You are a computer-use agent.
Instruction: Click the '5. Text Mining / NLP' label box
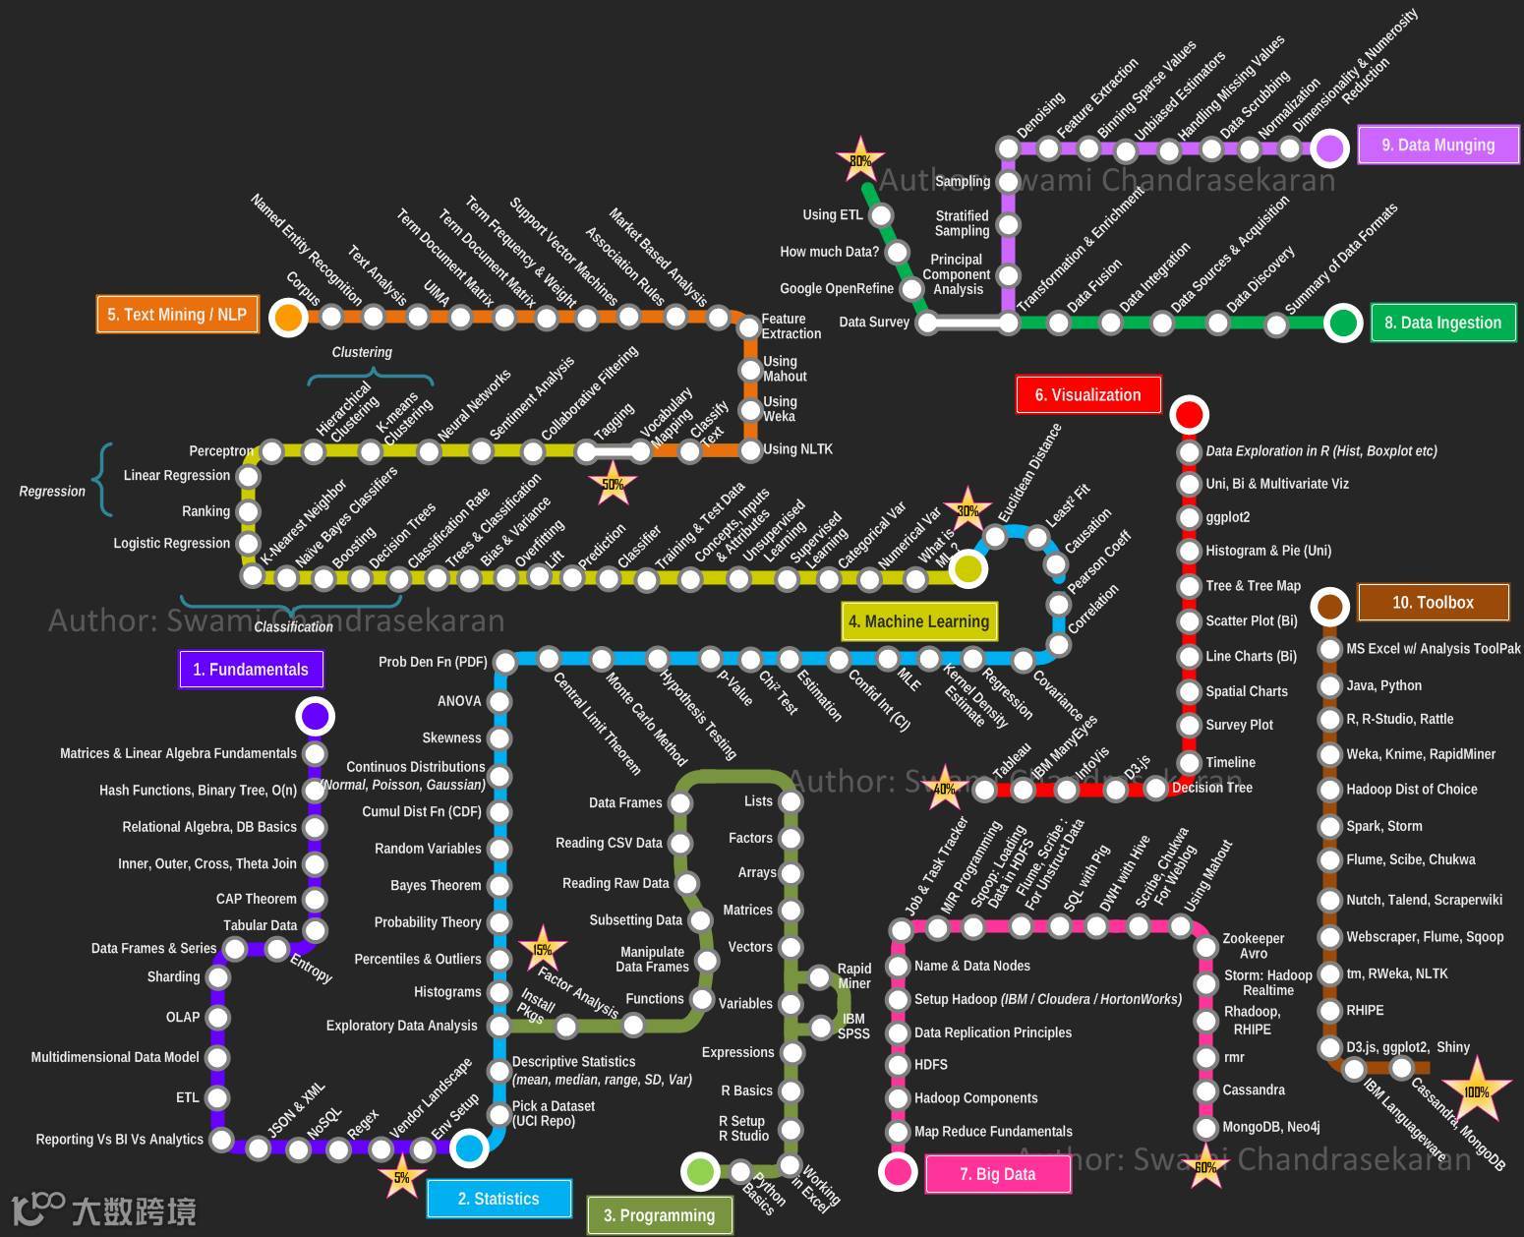pyautogui.click(x=177, y=315)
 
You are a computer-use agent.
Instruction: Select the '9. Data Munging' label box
pyautogui.click(x=1437, y=146)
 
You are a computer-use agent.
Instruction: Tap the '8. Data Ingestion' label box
pyautogui.click(x=1442, y=323)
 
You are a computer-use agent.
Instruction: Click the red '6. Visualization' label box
pyautogui.click(x=1087, y=395)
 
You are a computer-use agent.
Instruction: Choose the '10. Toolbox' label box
pyautogui.click(x=1433, y=603)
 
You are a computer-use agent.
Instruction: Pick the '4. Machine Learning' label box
pyautogui.click(x=918, y=621)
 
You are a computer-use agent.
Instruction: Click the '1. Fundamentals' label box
pyautogui.click(x=251, y=670)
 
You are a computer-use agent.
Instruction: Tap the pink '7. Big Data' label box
pyautogui.click(x=997, y=1174)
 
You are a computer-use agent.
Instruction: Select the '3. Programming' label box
pyautogui.click(x=659, y=1215)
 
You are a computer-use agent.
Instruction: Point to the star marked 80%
pyautogui.click(x=860, y=160)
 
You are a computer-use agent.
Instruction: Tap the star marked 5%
pyautogui.click(x=401, y=1177)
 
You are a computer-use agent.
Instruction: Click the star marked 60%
pyautogui.click(x=1205, y=1167)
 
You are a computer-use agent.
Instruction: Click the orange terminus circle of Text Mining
pyautogui.click(x=288, y=318)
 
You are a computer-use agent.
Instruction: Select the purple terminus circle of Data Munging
pyautogui.click(x=1329, y=148)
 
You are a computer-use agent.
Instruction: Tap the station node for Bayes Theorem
pyautogui.click(x=499, y=886)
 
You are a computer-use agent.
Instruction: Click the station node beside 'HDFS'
pyautogui.click(x=898, y=1065)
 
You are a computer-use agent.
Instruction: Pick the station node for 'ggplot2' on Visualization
pyautogui.click(x=1190, y=518)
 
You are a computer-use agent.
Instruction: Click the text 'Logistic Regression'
pyautogui.click(x=171, y=543)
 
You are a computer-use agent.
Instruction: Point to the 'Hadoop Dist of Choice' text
pyautogui.click(x=1411, y=790)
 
